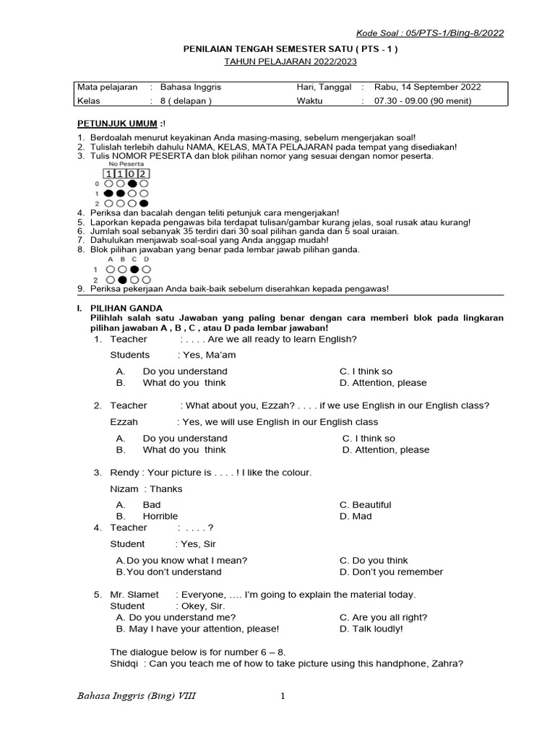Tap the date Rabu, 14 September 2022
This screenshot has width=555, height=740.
pos(427,87)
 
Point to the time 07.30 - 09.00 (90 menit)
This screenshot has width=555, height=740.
pos(422,101)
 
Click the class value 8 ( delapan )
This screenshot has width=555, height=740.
pos(186,101)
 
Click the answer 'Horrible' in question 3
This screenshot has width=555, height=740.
pos(160,516)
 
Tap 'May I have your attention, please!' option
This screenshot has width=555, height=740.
pos(203,629)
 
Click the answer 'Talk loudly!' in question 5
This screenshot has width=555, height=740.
pos(371,629)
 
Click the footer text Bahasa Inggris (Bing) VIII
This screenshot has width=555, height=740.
pos(136,696)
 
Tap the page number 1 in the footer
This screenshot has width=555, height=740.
pos(283,696)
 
